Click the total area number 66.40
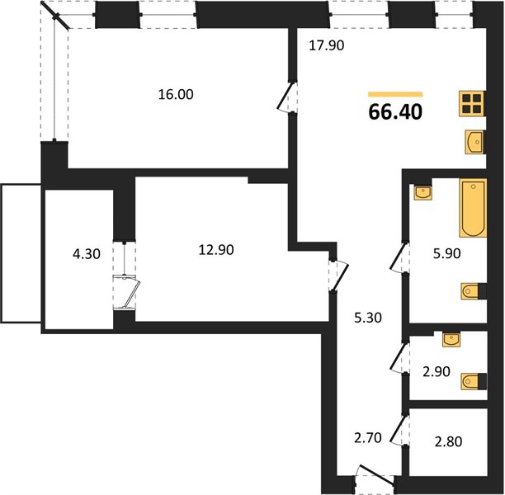(x=395, y=111)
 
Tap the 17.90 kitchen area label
(x=326, y=45)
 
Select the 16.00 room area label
(x=176, y=94)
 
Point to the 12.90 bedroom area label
(x=216, y=250)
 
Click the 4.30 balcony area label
(x=87, y=254)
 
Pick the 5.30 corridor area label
(x=368, y=318)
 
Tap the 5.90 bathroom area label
(x=446, y=254)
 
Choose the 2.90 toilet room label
(x=436, y=371)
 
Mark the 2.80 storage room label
(x=448, y=441)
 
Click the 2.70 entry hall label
(x=368, y=438)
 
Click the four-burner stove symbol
(x=472, y=104)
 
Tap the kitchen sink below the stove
(x=475, y=142)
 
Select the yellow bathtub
(x=473, y=208)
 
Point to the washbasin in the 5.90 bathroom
(x=422, y=192)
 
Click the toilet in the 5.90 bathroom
(x=474, y=291)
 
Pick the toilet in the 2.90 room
(x=474, y=382)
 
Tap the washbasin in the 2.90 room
(x=451, y=339)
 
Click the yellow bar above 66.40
(x=395, y=94)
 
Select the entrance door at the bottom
(x=375, y=477)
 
